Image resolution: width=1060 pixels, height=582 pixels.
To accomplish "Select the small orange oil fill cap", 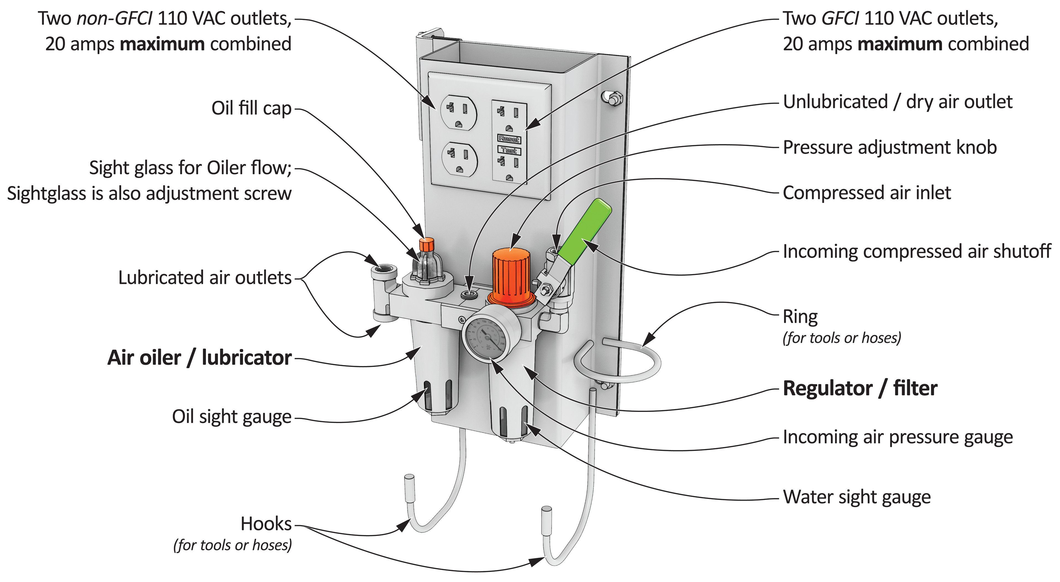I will point(426,244).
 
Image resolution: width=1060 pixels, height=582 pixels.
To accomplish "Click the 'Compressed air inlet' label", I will point(866,193).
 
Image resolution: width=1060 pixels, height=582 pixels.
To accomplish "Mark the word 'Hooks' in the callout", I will point(266,523).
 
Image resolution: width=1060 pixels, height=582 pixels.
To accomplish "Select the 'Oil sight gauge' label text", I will point(232,417).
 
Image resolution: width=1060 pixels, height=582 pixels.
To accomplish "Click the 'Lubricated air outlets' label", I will point(205,277).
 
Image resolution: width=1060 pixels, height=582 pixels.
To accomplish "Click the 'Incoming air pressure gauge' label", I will point(897,437).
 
